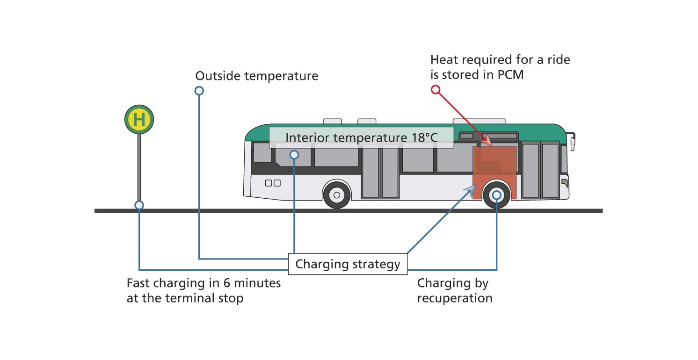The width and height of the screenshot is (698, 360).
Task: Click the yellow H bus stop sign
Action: [x=139, y=119]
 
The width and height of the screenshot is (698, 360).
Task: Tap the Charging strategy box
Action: [x=348, y=264]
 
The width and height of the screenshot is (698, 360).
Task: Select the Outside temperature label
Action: [x=256, y=76]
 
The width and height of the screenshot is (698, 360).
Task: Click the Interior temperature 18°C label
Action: [x=362, y=137]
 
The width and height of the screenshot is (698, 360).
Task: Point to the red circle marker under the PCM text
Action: [x=436, y=90]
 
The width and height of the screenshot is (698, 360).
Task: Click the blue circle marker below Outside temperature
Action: [x=199, y=91]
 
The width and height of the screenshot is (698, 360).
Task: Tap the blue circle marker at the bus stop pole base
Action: [x=139, y=205]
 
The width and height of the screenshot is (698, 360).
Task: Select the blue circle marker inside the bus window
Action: [x=294, y=155]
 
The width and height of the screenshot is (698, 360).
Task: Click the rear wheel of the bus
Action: [x=336, y=195]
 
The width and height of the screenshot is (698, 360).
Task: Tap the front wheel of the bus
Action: [x=496, y=195]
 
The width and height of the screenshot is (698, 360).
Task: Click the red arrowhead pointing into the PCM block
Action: [x=487, y=140]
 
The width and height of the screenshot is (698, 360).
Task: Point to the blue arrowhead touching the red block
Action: [x=471, y=189]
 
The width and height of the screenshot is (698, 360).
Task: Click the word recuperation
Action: [x=455, y=298]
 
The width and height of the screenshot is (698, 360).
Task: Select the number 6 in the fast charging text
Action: [x=227, y=283]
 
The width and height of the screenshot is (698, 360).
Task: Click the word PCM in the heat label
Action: [x=510, y=75]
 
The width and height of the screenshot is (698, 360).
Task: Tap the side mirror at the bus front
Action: [x=573, y=142]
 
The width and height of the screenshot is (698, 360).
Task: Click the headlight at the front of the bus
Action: [x=564, y=182]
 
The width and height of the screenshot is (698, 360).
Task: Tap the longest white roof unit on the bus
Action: [x=479, y=121]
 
